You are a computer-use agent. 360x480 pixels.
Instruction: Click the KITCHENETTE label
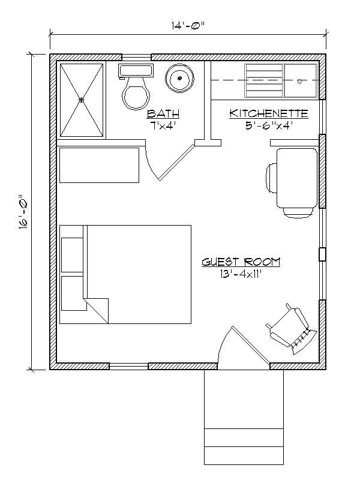pyautogui.click(x=269, y=113)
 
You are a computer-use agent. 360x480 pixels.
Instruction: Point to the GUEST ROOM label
pyautogui.click(x=241, y=262)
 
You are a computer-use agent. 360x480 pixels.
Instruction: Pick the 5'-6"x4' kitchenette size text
pyautogui.click(x=269, y=125)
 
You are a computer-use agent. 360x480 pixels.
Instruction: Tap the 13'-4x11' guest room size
pyautogui.click(x=241, y=275)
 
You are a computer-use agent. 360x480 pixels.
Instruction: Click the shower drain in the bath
pyautogui.click(x=82, y=100)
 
